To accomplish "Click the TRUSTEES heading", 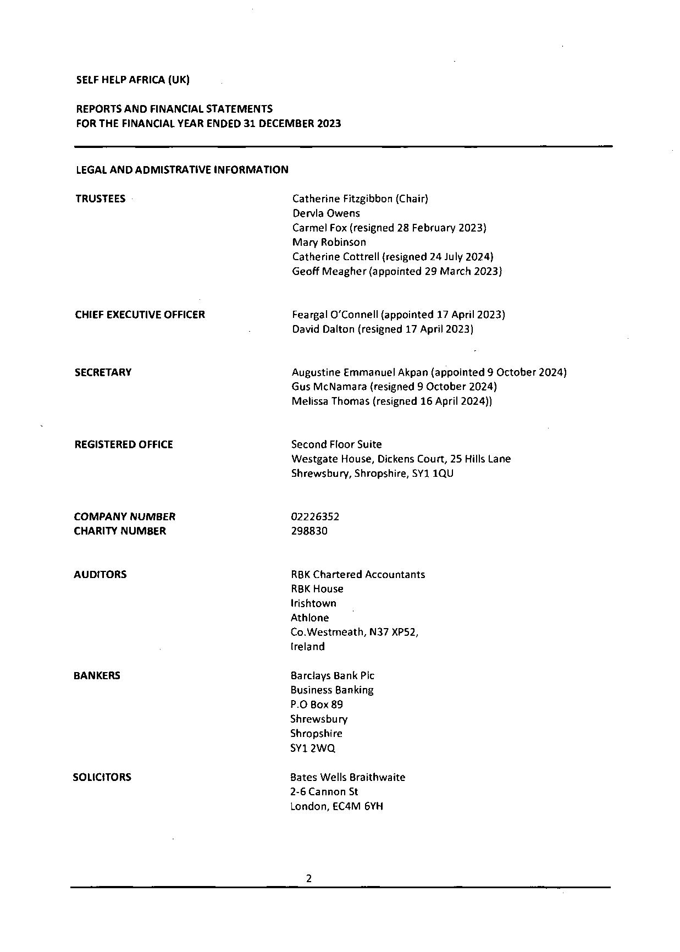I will (x=100, y=199).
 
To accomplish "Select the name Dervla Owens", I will (x=326, y=213).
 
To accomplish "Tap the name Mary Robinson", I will (x=329, y=242).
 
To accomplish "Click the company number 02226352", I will (x=315, y=516).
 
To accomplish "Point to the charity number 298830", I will (x=309, y=531).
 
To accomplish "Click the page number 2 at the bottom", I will (x=309, y=878).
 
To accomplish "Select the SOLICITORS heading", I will (x=102, y=777).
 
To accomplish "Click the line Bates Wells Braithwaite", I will (x=347, y=777).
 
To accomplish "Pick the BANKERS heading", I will (x=97, y=675).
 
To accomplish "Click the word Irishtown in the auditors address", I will (x=313, y=603).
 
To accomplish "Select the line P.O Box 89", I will (x=317, y=705).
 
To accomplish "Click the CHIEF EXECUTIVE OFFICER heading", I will (x=140, y=315).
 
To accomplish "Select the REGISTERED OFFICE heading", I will (x=124, y=444).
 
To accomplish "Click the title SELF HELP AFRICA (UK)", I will (x=132, y=80).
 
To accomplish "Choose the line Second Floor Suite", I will (x=336, y=444).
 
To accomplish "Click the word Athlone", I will (x=309, y=618).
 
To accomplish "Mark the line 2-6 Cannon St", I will (x=324, y=791).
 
